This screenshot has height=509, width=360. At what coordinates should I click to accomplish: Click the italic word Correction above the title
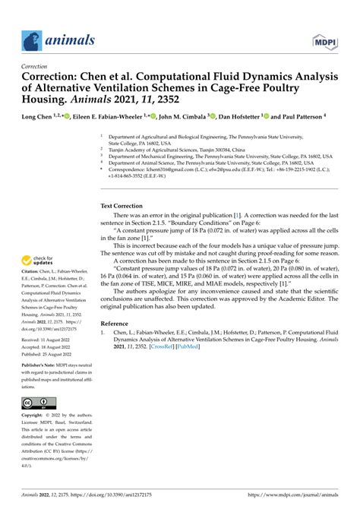pos(34,66)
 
